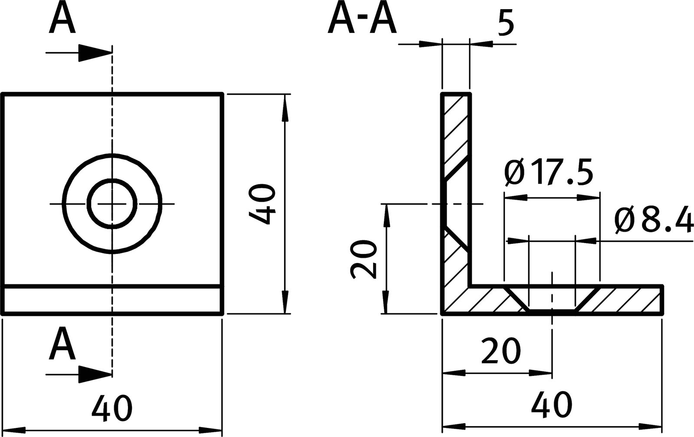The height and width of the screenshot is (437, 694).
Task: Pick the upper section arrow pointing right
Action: pyautogui.click(x=93, y=53)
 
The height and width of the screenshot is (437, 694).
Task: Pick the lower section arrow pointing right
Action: pyautogui.click(x=93, y=374)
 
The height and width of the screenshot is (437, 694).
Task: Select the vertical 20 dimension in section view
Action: pyautogui.click(x=363, y=259)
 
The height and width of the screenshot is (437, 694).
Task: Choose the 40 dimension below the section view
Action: pyautogui.click(x=552, y=404)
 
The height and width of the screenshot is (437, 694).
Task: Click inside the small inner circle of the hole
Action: pyautogui.click(x=112, y=203)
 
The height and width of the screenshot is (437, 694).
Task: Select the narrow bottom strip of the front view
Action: pyautogui.click(x=112, y=300)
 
